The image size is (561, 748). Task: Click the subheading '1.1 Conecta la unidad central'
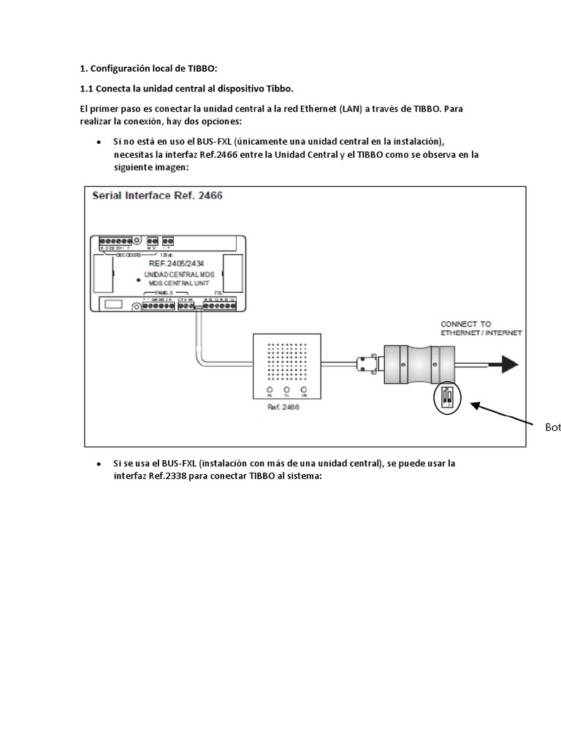pyautogui.click(x=186, y=88)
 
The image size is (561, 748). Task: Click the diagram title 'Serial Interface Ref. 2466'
pyautogui.click(x=156, y=196)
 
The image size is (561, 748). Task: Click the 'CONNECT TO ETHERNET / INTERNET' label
pyautogui.click(x=481, y=327)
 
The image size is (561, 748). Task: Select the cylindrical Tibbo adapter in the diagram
pyautogui.click(x=413, y=363)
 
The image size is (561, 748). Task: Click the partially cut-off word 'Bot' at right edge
pyautogui.click(x=553, y=427)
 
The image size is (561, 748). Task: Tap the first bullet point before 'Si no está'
pyautogui.click(x=98, y=142)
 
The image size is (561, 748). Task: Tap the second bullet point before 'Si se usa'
pyautogui.click(x=98, y=465)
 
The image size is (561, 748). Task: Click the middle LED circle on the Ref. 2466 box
pyautogui.click(x=284, y=390)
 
